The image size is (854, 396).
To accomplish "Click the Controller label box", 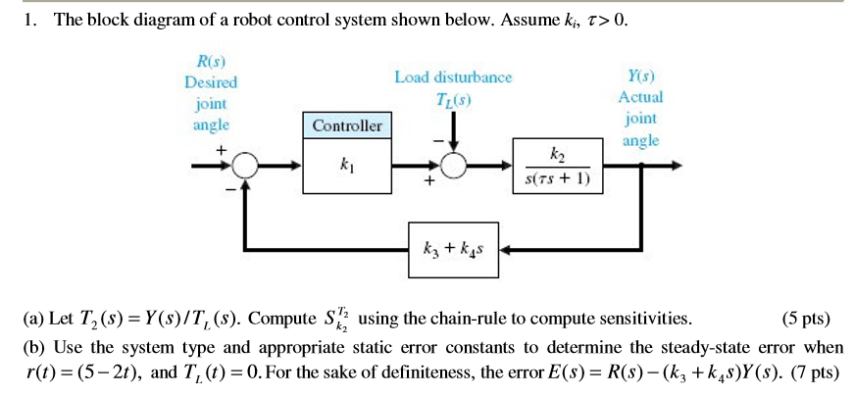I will pyautogui.click(x=347, y=125).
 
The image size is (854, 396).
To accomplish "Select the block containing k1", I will pyautogui.click(x=347, y=167).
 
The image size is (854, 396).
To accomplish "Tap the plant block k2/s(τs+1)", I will pyautogui.click(x=558, y=167).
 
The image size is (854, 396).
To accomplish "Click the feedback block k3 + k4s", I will pyautogui.click(x=454, y=247).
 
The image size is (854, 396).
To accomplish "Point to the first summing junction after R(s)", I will pyautogui.click(x=246, y=167).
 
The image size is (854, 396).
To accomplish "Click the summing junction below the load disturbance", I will pyautogui.click(x=454, y=167).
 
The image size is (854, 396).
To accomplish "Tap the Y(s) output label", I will pyautogui.click(x=640, y=75).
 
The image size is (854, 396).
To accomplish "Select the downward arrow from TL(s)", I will pyautogui.click(x=454, y=127).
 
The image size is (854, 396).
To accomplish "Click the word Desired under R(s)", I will pyautogui.click(x=211, y=83).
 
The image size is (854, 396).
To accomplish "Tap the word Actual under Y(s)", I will pyautogui.click(x=640, y=97).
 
